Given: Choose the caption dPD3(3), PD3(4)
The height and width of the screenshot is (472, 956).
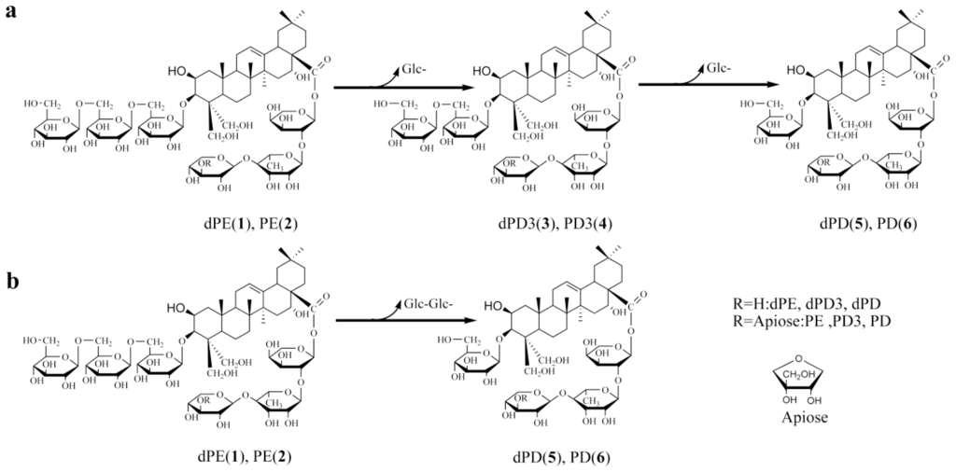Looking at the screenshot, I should click(x=539, y=224).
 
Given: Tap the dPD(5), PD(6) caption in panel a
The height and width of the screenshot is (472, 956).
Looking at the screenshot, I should click(x=844, y=224).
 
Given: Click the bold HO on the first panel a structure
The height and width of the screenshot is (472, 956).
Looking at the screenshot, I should click(x=179, y=71).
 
